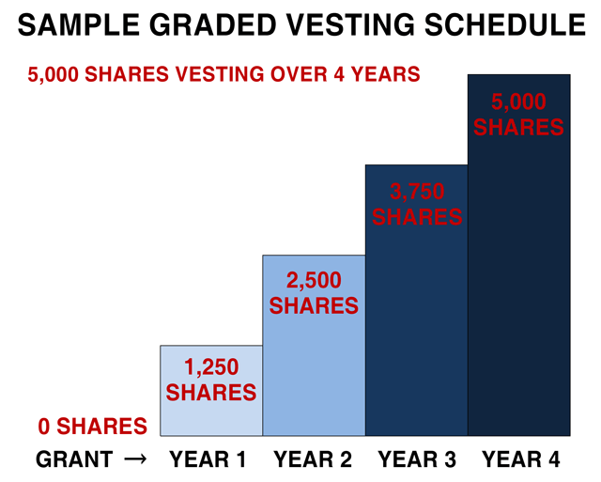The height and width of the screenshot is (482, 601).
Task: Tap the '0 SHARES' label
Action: [x=93, y=427]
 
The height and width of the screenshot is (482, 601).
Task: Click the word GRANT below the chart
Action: [x=74, y=460]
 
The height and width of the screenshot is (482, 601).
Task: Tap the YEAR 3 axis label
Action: [x=418, y=460]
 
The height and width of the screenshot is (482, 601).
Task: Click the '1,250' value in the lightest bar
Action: [x=211, y=368]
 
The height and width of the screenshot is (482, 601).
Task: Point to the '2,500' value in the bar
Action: [x=314, y=281]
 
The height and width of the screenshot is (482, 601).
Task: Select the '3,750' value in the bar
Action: [x=417, y=192]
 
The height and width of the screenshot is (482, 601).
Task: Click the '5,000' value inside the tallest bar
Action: [x=519, y=101]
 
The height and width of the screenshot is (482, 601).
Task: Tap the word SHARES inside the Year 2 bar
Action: [x=314, y=305]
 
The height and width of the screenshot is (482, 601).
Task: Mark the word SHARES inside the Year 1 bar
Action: [x=211, y=393]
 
